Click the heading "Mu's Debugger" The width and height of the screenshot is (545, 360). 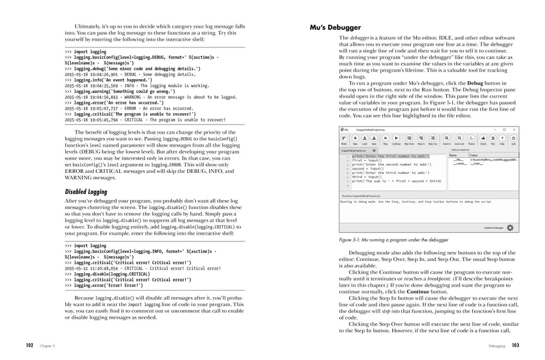pyautogui.click(x=335, y=27)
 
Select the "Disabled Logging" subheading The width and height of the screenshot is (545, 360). pyautogui.click(x=86, y=191)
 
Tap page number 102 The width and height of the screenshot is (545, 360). pyautogui.click(x=30, y=345)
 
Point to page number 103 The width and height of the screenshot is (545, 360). pyautogui.click(x=515, y=345)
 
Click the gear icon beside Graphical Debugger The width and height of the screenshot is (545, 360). pyautogui.click(x=510, y=228)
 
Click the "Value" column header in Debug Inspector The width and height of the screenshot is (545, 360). pyautogui.click(x=474, y=155)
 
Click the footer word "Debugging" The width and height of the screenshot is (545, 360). pyautogui.click(x=497, y=346)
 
